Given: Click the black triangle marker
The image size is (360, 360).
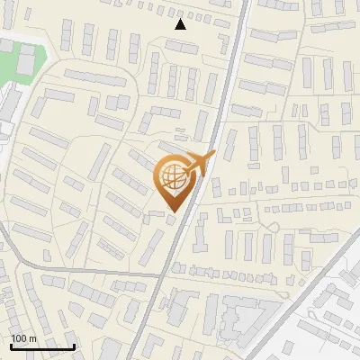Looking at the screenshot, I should click(181, 24).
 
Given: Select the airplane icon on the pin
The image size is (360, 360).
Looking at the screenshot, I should click(199, 163).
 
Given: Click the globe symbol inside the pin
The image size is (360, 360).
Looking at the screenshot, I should click(173, 177).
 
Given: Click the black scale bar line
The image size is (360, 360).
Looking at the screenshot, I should click(41, 346).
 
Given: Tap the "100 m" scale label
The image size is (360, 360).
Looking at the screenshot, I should click(24, 338).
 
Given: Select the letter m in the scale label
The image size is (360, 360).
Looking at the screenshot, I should click(32, 338).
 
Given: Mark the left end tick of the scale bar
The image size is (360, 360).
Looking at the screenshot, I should click(10, 345).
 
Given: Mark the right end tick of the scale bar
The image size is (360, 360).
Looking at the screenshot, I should click(74, 345).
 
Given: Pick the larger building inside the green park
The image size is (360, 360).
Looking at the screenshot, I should click(26, 60).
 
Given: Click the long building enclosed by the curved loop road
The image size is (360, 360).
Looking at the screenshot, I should click(94, 78).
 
